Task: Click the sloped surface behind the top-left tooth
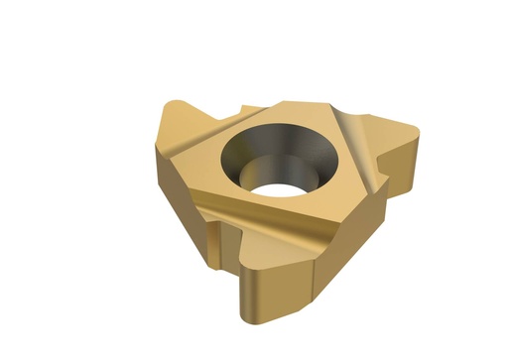coord(193,134)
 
